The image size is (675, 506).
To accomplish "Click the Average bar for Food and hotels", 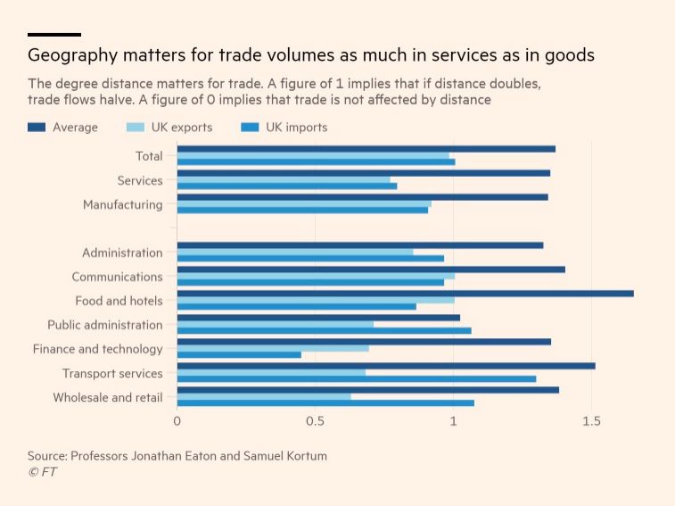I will coord(405,293).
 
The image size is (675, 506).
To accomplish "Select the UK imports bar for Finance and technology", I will coord(239,355).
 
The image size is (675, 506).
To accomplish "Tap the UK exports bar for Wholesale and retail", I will coord(264,396).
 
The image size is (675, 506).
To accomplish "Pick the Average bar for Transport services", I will coord(386,365).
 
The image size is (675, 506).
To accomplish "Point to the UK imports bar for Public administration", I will coord(324,331).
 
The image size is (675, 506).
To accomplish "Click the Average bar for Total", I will coord(366,149).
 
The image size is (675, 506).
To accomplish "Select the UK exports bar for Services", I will coord(284,180).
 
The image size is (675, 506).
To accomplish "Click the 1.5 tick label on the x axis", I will coord(590,421).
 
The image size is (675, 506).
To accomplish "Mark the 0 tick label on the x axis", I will coord(177,421).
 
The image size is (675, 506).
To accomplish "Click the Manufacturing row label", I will coord(122,204).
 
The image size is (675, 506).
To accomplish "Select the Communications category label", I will coord(117,277).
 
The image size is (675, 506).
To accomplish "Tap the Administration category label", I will coord(122,253).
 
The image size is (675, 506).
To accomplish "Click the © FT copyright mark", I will coord(42,472).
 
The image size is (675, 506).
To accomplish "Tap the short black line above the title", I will coord(54,34).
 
